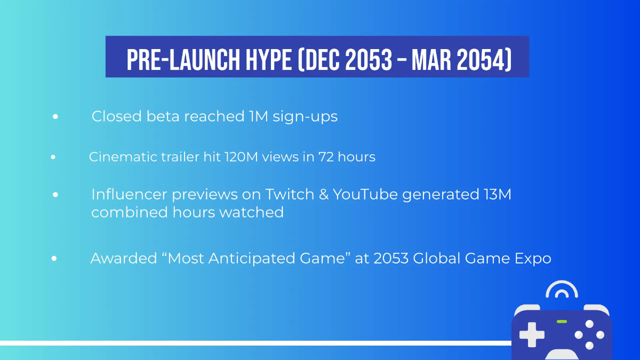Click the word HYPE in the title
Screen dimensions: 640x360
point(269,60)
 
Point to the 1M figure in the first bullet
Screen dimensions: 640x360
point(259,116)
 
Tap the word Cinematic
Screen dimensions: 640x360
point(123,157)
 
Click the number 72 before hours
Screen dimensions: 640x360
point(326,157)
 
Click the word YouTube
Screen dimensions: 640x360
point(365,194)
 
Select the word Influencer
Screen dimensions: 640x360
point(129,194)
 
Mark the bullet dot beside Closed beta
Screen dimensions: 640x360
point(55,116)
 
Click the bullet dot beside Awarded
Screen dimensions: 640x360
point(54,259)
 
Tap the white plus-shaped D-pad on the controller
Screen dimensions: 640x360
point(532,334)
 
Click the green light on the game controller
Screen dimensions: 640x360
point(562,322)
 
